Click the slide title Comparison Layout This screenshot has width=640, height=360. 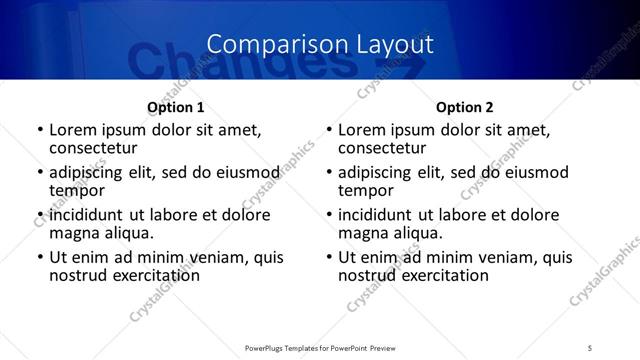[x=320, y=44]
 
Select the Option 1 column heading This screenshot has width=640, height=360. [x=175, y=107]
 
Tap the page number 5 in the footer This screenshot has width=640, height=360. [x=590, y=347]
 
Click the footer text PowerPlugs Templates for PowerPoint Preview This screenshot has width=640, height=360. [x=319, y=347]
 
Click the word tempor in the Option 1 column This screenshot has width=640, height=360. [x=77, y=191]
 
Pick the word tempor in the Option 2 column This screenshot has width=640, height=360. [x=366, y=191]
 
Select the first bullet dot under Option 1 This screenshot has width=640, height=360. [x=40, y=131]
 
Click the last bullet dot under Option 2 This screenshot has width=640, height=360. [x=329, y=258]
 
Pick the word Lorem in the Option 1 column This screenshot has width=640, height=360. [x=71, y=131]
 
